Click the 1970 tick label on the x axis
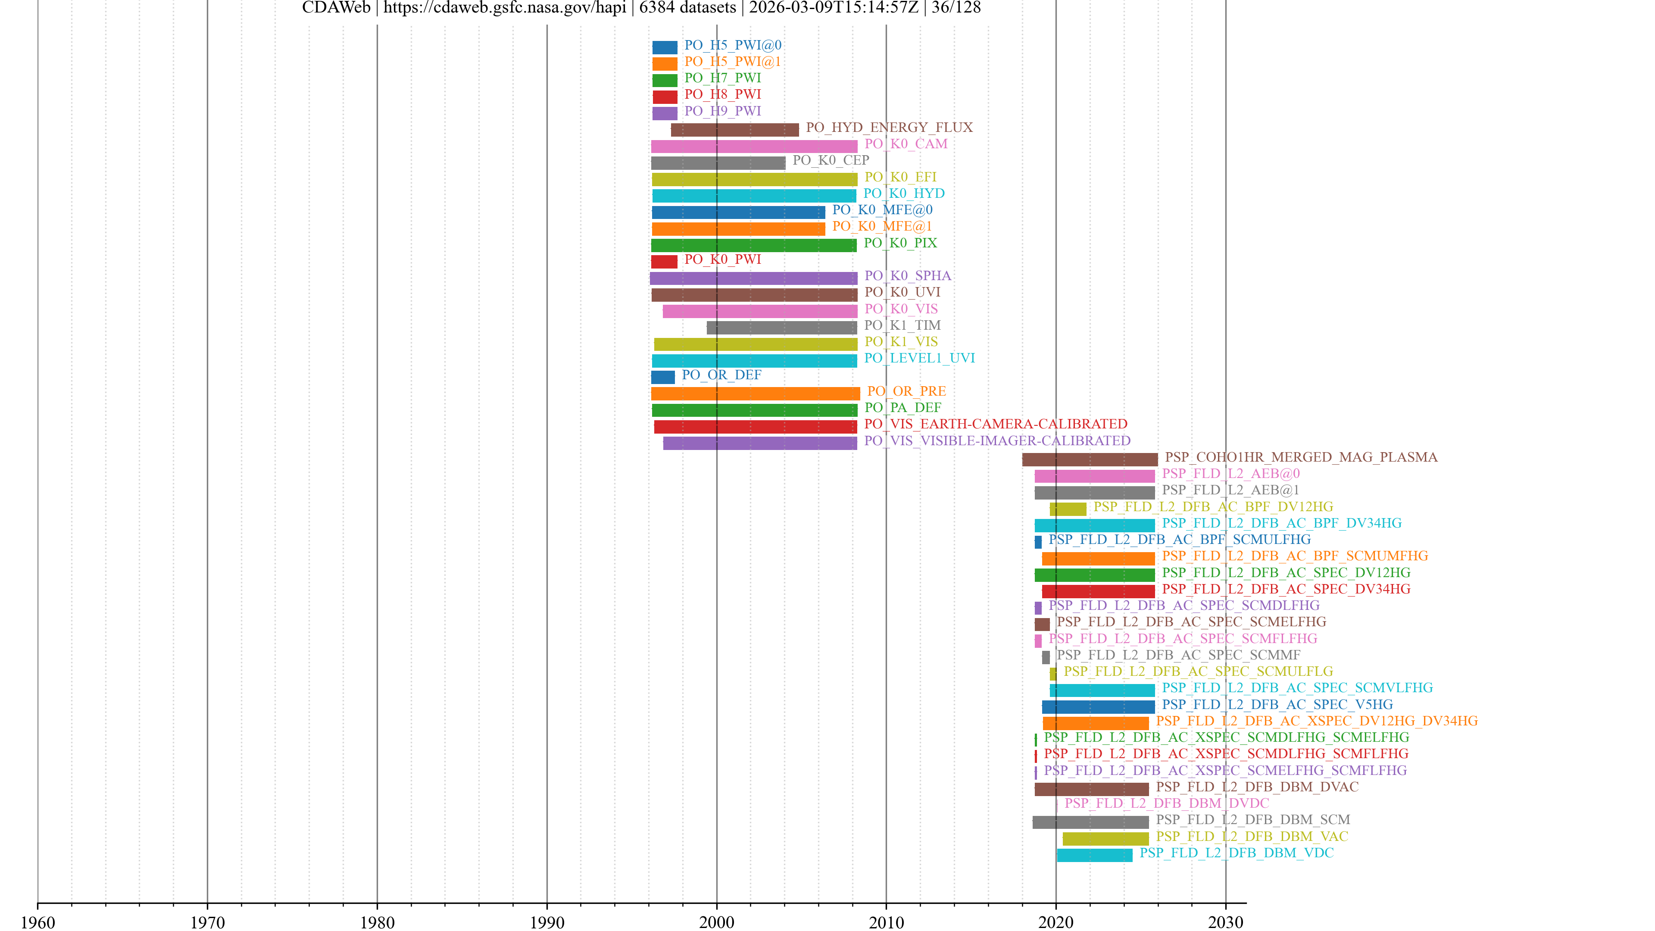click(x=207, y=922)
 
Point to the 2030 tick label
click(x=1225, y=922)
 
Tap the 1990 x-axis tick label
click(x=547, y=922)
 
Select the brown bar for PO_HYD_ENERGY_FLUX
click(x=734, y=130)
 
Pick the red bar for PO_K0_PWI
click(x=664, y=262)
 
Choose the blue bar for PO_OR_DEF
click(x=662, y=377)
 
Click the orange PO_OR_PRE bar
click(x=755, y=394)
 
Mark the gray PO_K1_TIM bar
click(x=781, y=328)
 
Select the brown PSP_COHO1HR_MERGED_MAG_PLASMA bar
click(x=1090, y=459)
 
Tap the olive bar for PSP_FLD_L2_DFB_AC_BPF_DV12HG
click(x=1068, y=509)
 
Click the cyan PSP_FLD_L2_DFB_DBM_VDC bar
click(x=1094, y=855)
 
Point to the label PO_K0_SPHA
click(x=907, y=276)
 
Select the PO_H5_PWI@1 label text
click(x=732, y=62)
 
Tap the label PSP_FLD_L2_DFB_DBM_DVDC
click(x=1166, y=803)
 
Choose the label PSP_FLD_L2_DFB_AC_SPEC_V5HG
click(x=1277, y=704)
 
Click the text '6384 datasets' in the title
click(x=687, y=8)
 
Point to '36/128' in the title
click(x=956, y=8)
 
